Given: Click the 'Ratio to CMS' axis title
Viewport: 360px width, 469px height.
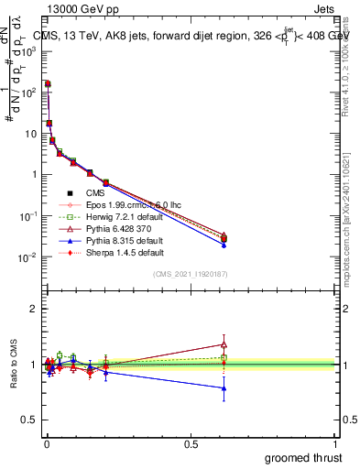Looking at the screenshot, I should pos(15,365).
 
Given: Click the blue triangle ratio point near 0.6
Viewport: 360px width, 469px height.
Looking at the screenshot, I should pos(224,388).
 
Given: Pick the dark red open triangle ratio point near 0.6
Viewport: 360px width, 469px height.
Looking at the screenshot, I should pos(224,344).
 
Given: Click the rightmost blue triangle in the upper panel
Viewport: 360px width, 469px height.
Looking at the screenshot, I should pos(224,245).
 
